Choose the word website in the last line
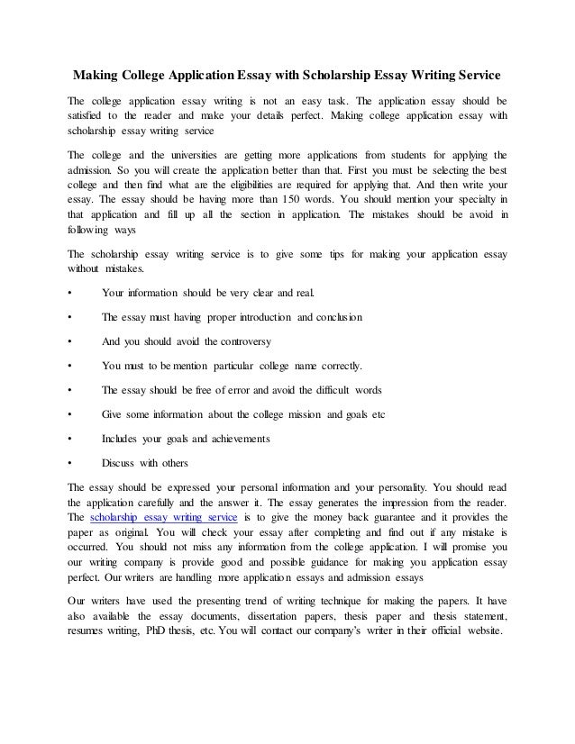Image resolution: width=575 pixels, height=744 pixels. (x=479, y=631)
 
